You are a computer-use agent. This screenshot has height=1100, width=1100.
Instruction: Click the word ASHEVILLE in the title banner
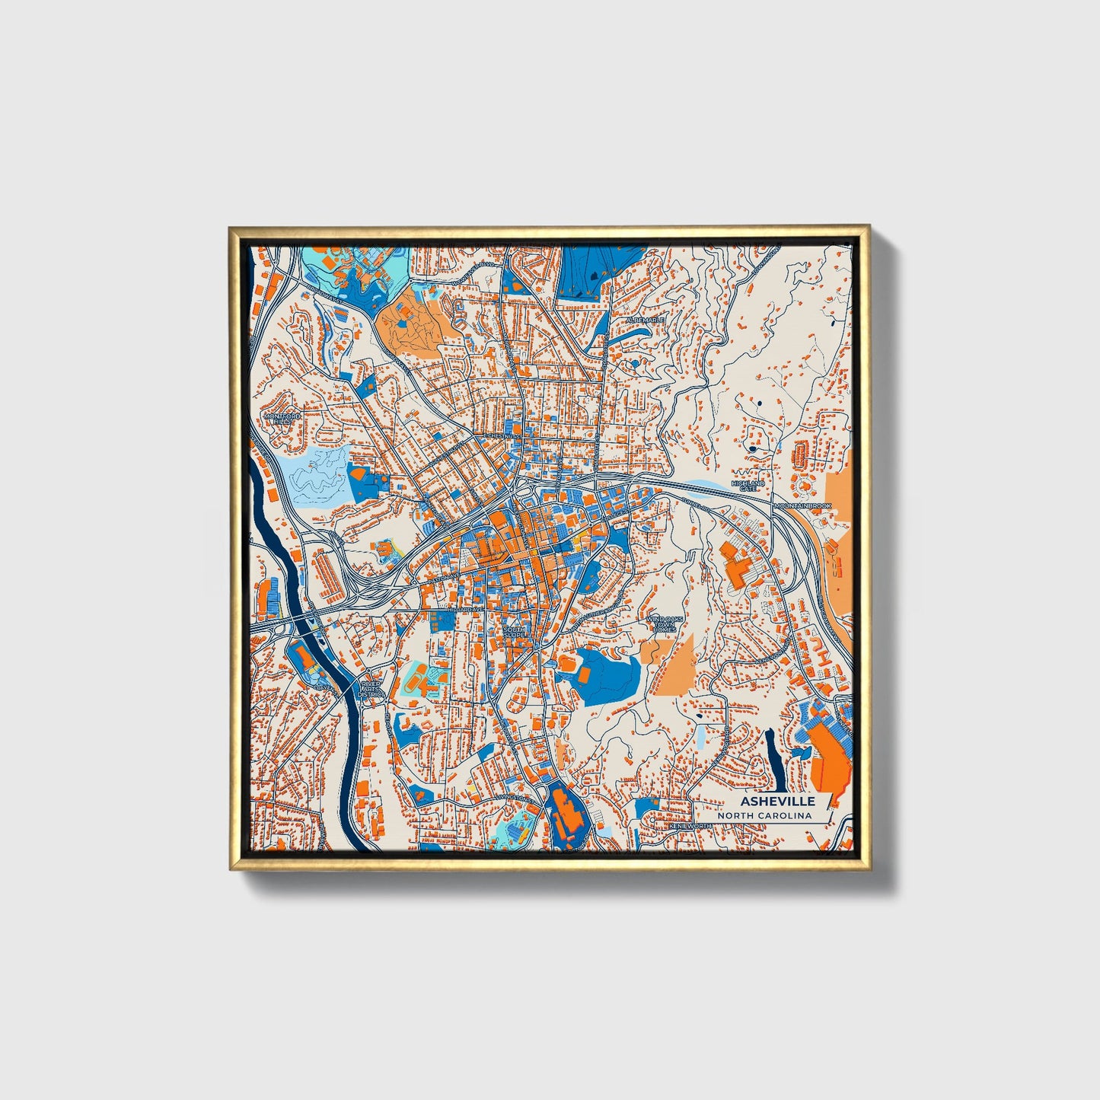point(777,801)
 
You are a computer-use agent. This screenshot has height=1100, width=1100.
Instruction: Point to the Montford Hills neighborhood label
point(282,419)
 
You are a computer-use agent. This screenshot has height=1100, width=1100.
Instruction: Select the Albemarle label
point(646,320)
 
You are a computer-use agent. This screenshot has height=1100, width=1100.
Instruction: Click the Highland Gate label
point(748,486)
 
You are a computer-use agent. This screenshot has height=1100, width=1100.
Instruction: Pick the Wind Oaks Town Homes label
point(661,624)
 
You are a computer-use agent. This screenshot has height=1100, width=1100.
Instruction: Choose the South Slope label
point(515,633)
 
